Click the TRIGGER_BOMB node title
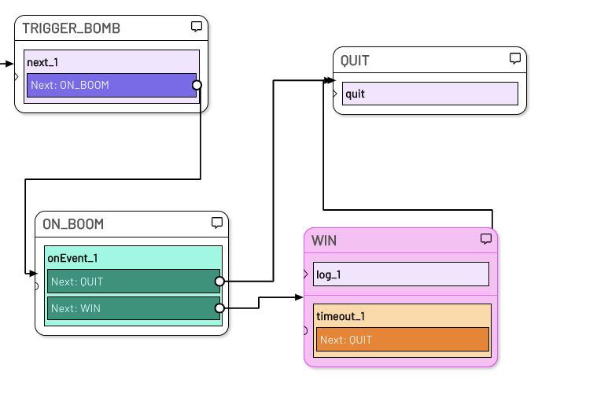pyautogui.click(x=72, y=28)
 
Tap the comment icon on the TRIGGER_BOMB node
pyautogui.click(x=197, y=27)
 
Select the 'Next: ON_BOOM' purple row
pyautogui.click(x=111, y=85)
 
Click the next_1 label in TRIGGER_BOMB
pyautogui.click(x=42, y=62)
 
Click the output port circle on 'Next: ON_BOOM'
pyautogui.click(x=197, y=85)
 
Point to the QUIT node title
pyautogui.click(x=355, y=61)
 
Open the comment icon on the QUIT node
pyautogui.click(x=515, y=59)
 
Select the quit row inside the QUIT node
pyautogui.click(x=429, y=94)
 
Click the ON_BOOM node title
pyautogui.click(x=73, y=224)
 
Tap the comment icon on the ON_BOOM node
pyautogui.click(x=217, y=223)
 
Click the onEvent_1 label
pyautogui.click(x=72, y=258)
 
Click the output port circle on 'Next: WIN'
pyautogui.click(x=219, y=308)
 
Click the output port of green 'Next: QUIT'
pyautogui.click(x=219, y=281)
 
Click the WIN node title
pyautogui.click(x=324, y=241)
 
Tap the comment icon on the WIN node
pyautogui.click(x=486, y=239)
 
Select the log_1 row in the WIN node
pyautogui.click(x=400, y=274)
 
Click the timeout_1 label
pyautogui.click(x=341, y=316)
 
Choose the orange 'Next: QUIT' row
pyautogui.click(x=402, y=340)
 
